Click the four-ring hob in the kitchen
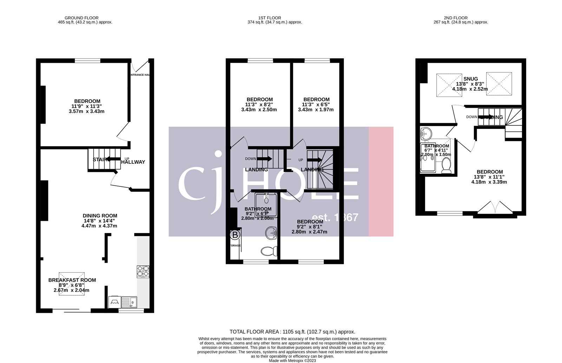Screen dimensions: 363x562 143,271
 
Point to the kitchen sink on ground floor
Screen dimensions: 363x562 129,302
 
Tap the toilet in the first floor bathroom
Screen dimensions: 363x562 269,251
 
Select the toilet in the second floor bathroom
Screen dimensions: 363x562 446,166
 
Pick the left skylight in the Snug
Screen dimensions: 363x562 449,85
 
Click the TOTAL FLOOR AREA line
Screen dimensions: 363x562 292,331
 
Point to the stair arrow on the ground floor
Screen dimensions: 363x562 113,159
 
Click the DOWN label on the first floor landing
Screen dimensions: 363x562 250,159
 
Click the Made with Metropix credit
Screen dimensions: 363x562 292,361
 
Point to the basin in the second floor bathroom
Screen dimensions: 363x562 426,133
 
